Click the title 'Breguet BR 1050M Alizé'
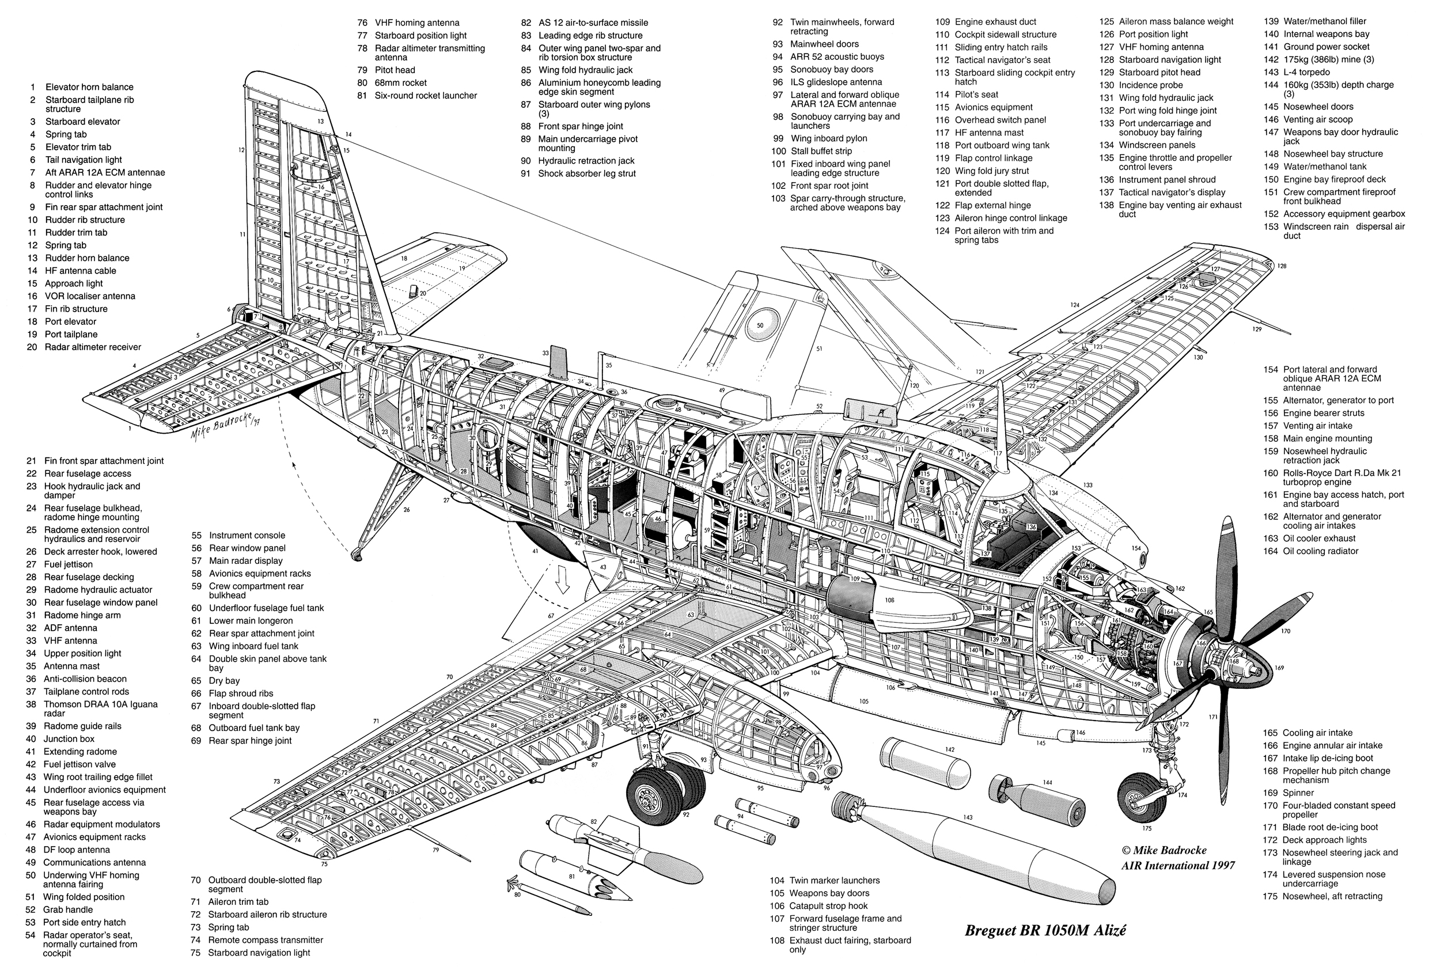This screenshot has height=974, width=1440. tap(1045, 930)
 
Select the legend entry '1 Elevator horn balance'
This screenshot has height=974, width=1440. tap(81, 87)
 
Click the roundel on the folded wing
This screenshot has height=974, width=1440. tap(760, 324)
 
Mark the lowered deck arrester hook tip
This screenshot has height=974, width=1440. tap(355, 554)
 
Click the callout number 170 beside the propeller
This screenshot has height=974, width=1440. tap(1285, 631)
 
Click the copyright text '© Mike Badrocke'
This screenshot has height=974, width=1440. tap(1163, 850)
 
